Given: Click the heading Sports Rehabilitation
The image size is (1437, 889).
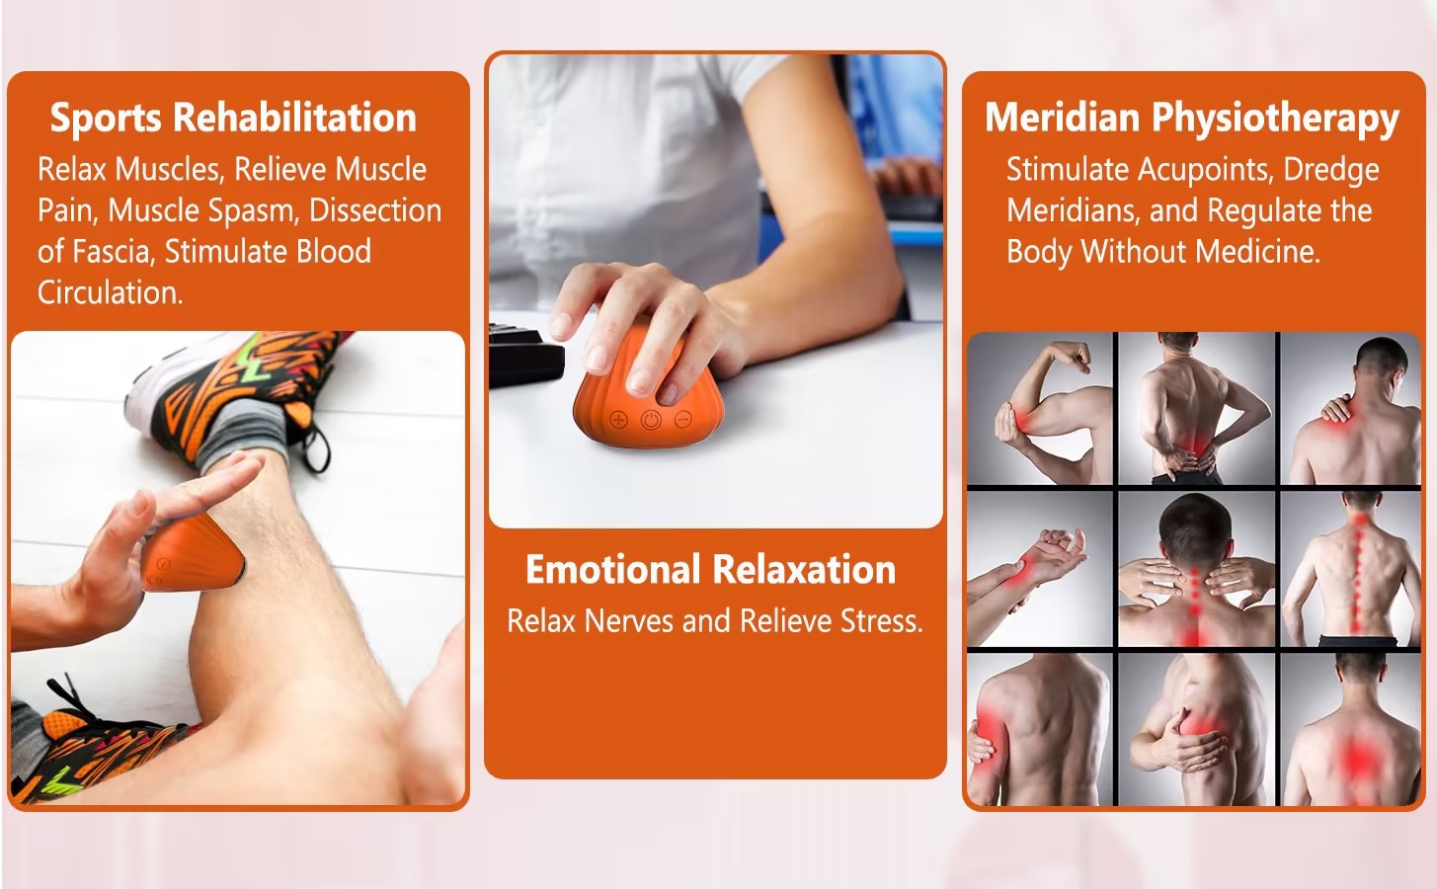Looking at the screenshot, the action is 233,118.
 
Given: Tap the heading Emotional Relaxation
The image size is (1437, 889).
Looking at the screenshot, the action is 711,570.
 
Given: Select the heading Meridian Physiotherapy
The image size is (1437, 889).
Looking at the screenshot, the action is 1192,119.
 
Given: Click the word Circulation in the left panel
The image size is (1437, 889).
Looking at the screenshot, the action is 111,292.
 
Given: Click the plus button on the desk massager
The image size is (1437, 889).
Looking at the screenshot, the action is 618,420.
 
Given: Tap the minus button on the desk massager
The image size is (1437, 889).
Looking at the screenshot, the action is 683,420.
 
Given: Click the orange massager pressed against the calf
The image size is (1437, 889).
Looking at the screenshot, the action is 193,553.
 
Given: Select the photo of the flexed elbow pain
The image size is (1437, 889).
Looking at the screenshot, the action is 1040,409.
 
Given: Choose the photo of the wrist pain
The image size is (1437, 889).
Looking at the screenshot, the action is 1040,570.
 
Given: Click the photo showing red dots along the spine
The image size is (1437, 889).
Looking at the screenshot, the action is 1351,570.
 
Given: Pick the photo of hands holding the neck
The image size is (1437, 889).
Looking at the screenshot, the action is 1196,570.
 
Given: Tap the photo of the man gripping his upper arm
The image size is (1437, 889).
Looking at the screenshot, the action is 1040,729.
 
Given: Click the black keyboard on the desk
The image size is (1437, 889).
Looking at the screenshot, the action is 526,357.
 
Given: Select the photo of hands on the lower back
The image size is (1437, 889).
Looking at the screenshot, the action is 1196,409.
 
